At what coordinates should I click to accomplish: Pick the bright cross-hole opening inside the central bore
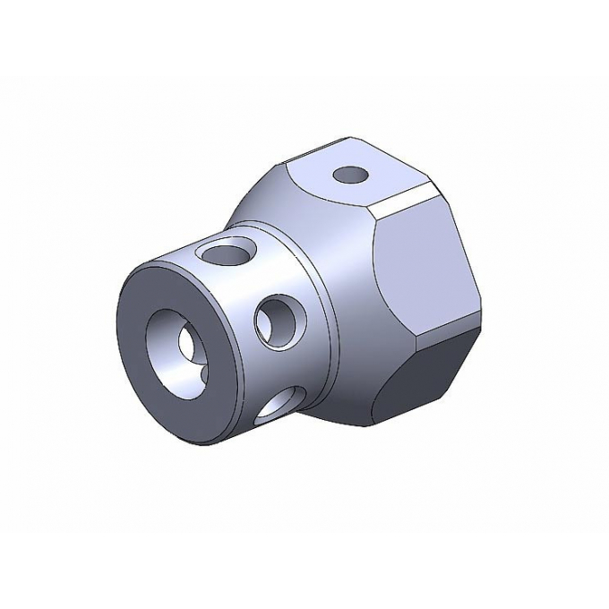pyautogui.click(x=191, y=344)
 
